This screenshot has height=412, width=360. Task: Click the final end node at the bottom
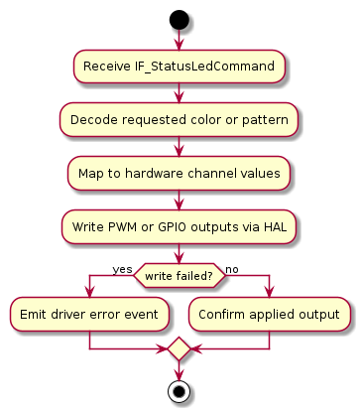[x=179, y=390]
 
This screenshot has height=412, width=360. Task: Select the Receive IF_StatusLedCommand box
[x=180, y=67]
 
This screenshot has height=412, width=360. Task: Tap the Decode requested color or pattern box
[x=180, y=120]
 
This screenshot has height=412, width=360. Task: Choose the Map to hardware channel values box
[x=180, y=173]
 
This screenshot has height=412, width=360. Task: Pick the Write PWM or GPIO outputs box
[x=180, y=226]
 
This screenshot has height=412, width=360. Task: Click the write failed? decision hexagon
[x=180, y=275]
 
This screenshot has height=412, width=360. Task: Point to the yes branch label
[x=122, y=269]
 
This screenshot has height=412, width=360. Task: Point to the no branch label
[x=232, y=269]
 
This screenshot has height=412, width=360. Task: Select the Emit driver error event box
[x=88, y=314]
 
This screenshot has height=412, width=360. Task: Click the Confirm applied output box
[x=270, y=314]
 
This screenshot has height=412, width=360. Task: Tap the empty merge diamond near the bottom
[x=179, y=349]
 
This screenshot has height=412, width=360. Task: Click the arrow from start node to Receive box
[x=179, y=40]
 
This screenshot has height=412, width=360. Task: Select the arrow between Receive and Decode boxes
[x=179, y=93]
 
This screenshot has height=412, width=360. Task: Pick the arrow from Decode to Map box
[x=179, y=146]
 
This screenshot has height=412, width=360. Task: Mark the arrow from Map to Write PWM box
[x=179, y=200]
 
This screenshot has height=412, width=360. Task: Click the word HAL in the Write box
[x=273, y=226]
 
